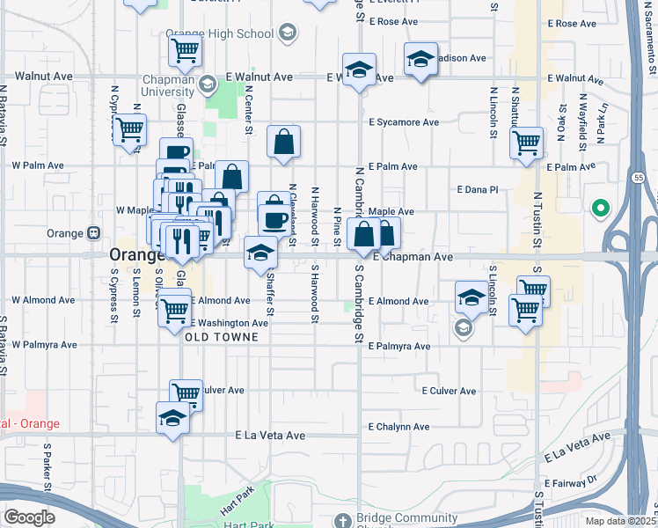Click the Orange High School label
tap(219, 34)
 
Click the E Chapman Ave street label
tap(413, 257)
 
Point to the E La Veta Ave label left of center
tap(270, 435)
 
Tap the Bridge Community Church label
tap(408, 518)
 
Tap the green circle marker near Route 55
tap(601, 209)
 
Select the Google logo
tap(29, 517)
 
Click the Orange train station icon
tap(94, 233)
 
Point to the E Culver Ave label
tap(449, 391)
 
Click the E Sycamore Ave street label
tap(404, 122)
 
